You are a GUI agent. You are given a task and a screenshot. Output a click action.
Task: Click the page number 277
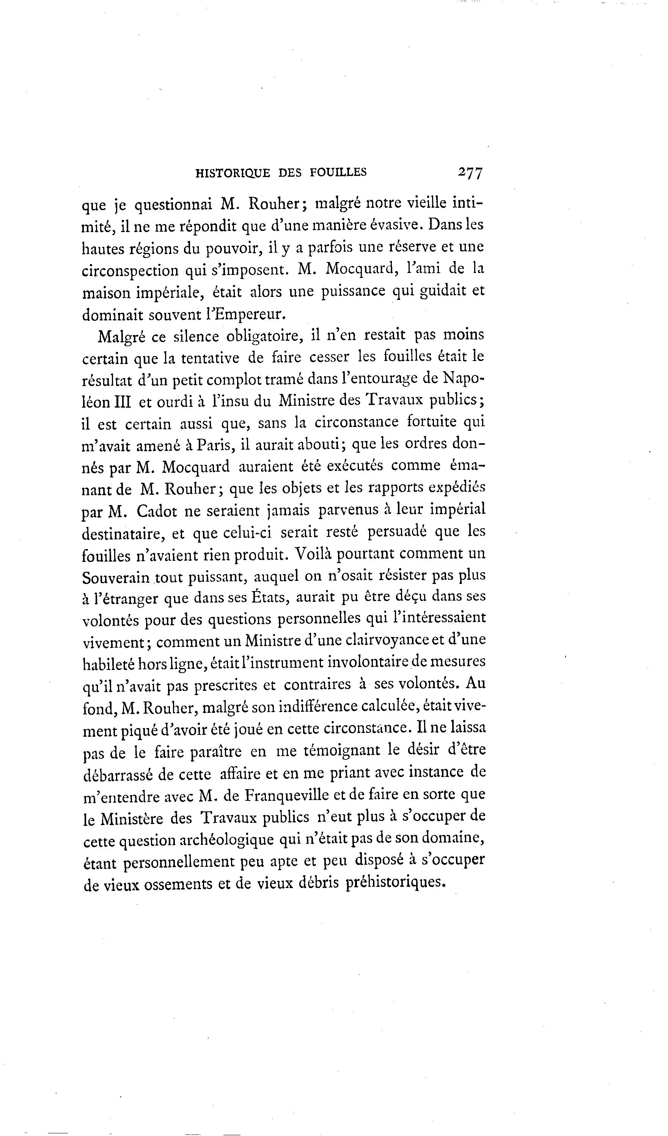(x=470, y=173)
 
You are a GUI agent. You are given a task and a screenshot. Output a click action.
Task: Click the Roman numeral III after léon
(x=122, y=402)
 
